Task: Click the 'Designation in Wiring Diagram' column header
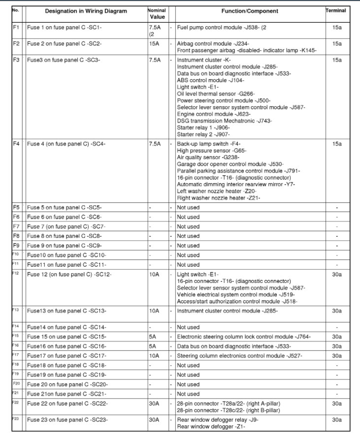click(x=86, y=11)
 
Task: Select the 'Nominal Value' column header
click(x=157, y=13)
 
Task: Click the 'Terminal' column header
click(x=336, y=10)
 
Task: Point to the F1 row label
click(x=16, y=28)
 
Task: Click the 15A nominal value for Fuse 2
click(x=155, y=44)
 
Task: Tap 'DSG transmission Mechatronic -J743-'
click(x=224, y=121)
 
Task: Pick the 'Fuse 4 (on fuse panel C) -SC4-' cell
click(x=66, y=144)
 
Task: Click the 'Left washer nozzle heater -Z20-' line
click(x=216, y=191)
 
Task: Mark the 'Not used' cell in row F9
click(x=188, y=246)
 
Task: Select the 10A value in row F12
click(x=155, y=274)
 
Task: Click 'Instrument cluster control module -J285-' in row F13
click(x=227, y=311)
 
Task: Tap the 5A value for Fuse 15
click(x=153, y=337)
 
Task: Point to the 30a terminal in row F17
click(x=337, y=356)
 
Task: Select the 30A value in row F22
click(x=155, y=404)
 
